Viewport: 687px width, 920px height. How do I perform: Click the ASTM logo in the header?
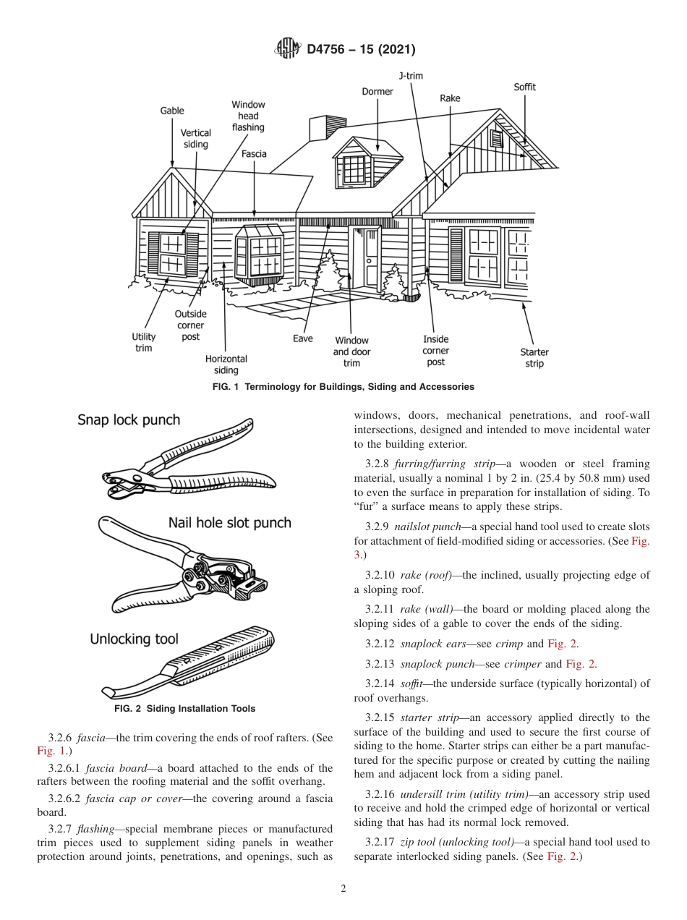(289, 49)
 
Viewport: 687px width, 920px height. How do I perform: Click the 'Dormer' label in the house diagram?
(377, 91)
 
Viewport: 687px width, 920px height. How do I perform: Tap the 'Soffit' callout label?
(524, 87)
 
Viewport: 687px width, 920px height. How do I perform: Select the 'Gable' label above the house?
(172, 111)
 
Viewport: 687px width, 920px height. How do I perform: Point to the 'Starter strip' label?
(534, 357)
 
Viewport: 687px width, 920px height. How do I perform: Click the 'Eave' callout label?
(303, 338)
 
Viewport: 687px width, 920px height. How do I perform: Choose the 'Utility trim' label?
(144, 342)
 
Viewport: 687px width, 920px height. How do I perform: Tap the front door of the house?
(371, 257)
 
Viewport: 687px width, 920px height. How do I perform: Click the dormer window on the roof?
(355, 169)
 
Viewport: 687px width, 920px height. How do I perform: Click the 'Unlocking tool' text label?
(134, 639)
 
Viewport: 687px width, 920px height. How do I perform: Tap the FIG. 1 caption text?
(343, 387)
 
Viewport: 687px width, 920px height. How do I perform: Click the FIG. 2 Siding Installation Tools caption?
(184, 709)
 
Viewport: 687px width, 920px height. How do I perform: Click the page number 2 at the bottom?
(343, 889)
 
